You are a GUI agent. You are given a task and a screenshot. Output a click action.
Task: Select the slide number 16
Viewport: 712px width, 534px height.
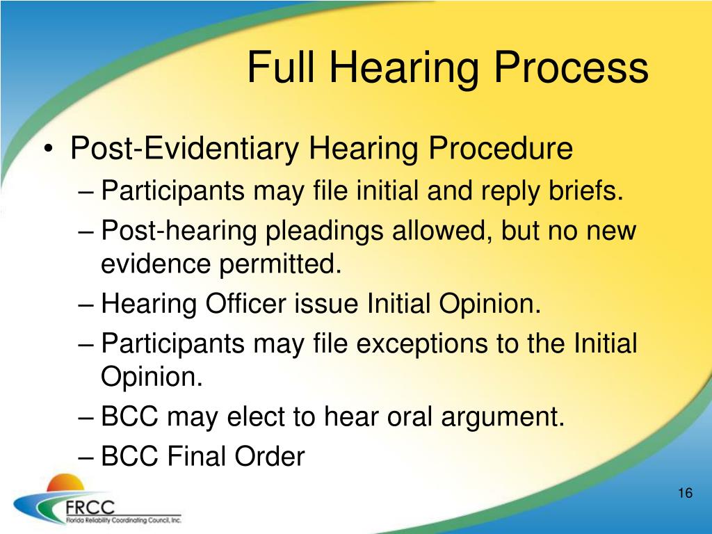point(684,494)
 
